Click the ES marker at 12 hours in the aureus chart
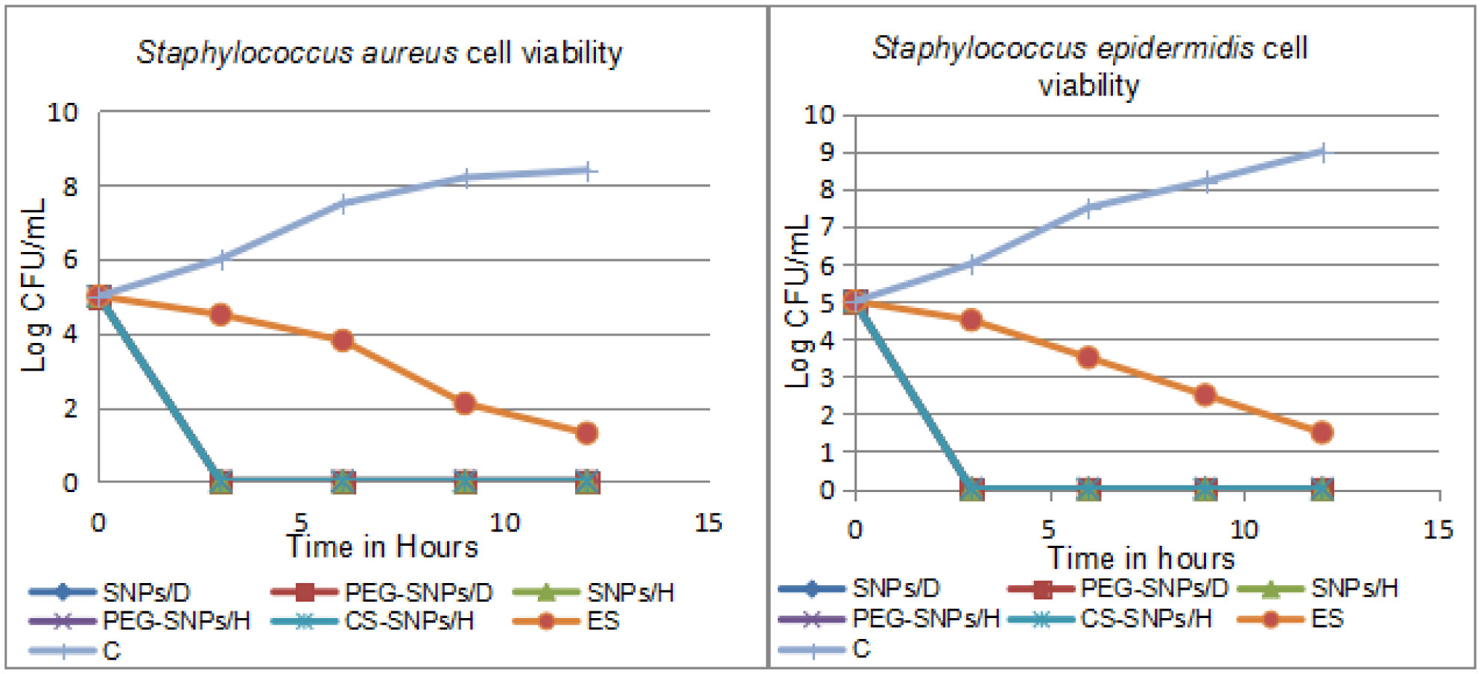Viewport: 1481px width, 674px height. pyautogui.click(x=587, y=433)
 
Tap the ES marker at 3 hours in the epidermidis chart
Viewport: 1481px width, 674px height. pyautogui.click(x=971, y=320)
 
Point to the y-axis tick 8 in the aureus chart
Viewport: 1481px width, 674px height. pyautogui.click(x=70, y=186)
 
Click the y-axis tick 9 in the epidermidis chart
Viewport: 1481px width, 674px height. pyautogui.click(x=827, y=153)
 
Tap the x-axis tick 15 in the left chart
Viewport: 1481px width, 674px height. pyautogui.click(x=708, y=523)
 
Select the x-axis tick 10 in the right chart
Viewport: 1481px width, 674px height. pyautogui.click(x=1243, y=530)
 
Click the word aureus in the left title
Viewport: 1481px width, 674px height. pyautogui.click(x=409, y=54)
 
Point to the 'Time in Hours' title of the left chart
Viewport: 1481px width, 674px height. pyautogui.click(x=382, y=547)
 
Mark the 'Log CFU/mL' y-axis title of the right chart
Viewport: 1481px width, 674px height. pyautogui.click(x=798, y=301)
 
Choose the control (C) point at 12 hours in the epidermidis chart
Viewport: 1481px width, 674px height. pyautogui.click(x=1322, y=153)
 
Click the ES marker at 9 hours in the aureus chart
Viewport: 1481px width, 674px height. pyautogui.click(x=465, y=404)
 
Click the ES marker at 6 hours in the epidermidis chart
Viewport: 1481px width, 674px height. pyautogui.click(x=1088, y=357)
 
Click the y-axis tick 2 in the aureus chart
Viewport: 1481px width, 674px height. pyautogui.click(x=70, y=409)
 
